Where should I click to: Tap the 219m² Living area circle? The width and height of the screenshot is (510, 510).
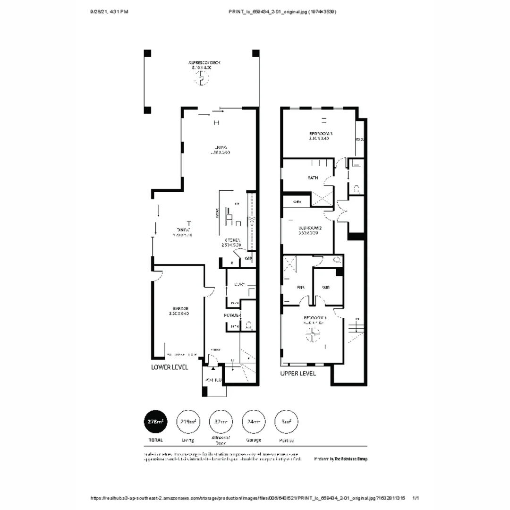[x=188, y=422]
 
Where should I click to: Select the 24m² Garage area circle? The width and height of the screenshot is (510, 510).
[x=254, y=422]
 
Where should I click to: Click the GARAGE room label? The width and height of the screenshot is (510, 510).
[x=177, y=308]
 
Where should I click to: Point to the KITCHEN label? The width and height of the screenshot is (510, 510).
[x=233, y=240]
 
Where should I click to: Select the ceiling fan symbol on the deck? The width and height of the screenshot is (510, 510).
[x=202, y=78]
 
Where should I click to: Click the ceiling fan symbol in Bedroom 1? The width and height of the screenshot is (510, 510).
[x=312, y=335]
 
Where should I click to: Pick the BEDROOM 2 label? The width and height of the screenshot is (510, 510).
[x=310, y=228]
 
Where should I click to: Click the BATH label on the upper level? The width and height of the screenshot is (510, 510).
[x=313, y=178]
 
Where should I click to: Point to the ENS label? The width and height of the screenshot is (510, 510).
[x=300, y=287]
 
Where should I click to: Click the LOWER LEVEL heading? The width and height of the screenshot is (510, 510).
[x=170, y=367]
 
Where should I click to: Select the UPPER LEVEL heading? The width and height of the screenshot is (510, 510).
[x=298, y=373]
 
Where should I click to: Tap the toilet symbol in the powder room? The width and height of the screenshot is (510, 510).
[x=249, y=324]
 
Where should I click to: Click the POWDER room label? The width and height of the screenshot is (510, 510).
[x=232, y=315]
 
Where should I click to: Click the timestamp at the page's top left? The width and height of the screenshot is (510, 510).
[x=109, y=11]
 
